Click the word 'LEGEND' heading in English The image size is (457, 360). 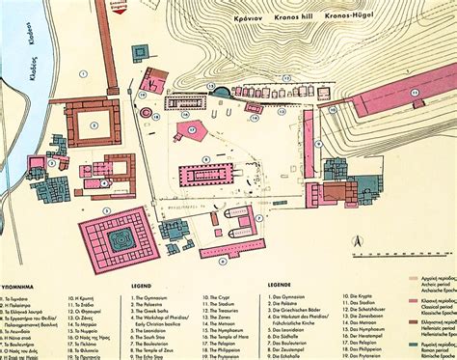click(x=141, y=287)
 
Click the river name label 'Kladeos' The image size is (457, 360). click(x=31, y=58)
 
